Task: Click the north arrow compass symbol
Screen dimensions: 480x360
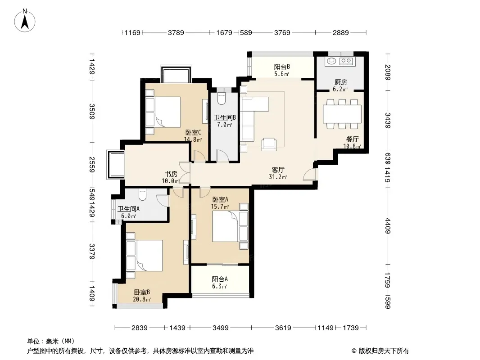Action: click(25, 21)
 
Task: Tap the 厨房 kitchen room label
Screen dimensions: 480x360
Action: click(340, 82)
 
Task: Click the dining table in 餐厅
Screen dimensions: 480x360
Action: click(342, 114)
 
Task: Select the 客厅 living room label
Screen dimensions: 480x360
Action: click(278, 170)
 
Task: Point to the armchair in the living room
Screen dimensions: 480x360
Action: click(269, 144)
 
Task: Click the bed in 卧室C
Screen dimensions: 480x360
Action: click(167, 112)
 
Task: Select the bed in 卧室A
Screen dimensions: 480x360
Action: click(226, 226)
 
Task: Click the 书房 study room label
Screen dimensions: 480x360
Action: click(171, 174)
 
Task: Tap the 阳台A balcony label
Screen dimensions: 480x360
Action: click(220, 279)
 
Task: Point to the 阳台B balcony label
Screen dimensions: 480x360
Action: click(281, 67)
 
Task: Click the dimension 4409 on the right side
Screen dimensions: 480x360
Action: click(388, 226)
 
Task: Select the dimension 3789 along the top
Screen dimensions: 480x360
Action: click(176, 32)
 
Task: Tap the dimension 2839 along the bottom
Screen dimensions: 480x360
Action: click(139, 328)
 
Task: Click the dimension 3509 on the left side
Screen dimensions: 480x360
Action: click(92, 112)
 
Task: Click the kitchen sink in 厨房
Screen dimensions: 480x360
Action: click(331, 61)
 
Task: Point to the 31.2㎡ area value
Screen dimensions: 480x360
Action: click(278, 177)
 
